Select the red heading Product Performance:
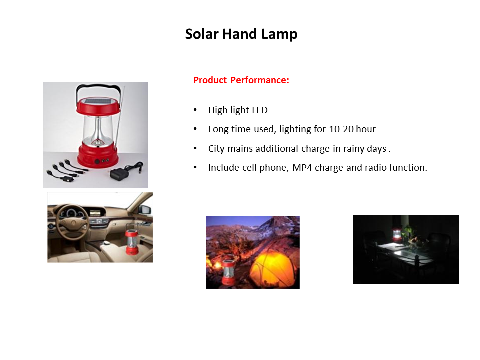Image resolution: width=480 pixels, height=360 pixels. pyautogui.click(x=241, y=80)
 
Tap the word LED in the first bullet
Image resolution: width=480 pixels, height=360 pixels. pyautogui.click(x=260, y=110)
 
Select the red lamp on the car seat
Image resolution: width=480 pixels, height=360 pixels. pyautogui.click(x=132, y=239)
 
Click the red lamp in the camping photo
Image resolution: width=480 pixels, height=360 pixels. pyautogui.click(x=228, y=272)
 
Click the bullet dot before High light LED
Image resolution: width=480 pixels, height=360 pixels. pyautogui.click(x=195, y=110)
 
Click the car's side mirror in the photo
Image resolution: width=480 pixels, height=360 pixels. pyautogui.click(x=145, y=210)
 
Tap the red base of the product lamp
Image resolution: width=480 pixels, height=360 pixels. pyautogui.click(x=97, y=156)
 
